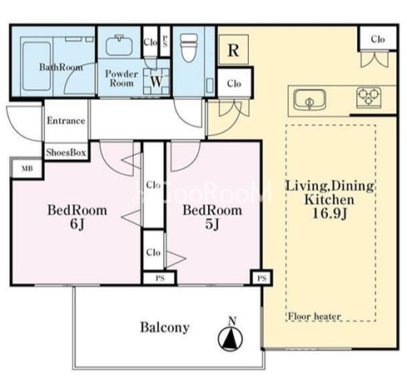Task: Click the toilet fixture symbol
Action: tap(189, 47)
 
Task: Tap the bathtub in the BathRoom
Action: tap(37, 66)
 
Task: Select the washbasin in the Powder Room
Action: tap(119, 46)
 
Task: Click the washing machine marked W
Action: tap(156, 82)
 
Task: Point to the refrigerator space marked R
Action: tap(233, 50)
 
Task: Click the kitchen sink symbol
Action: tap(310, 100)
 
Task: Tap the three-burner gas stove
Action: tap(369, 97)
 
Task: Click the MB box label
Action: tap(27, 168)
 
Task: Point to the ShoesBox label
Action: tap(66, 152)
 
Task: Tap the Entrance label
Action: tap(66, 121)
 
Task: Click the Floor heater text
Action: tap(314, 316)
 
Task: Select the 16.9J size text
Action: tap(330, 213)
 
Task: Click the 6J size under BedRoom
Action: tap(77, 224)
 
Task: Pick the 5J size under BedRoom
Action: tap(212, 224)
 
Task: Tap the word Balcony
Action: tap(165, 327)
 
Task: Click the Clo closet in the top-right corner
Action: tap(378, 39)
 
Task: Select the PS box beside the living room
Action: tap(261, 278)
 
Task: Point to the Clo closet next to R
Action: tap(234, 83)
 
